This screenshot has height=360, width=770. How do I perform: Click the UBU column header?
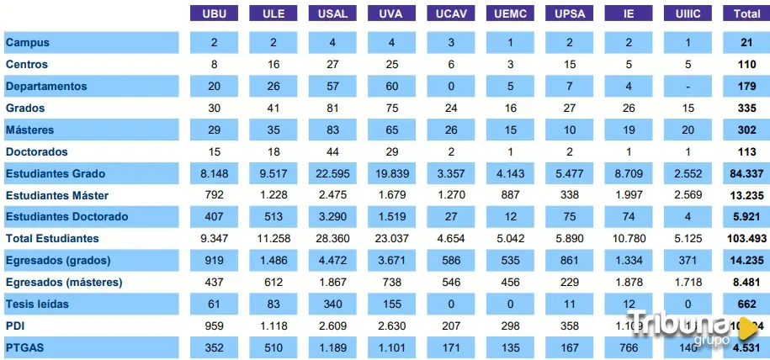click(214, 13)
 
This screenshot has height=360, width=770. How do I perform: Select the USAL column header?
click(332, 13)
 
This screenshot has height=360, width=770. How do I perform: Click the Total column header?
click(746, 13)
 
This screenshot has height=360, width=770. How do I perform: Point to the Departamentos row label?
click(46, 86)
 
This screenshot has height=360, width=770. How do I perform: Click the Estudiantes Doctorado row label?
click(66, 216)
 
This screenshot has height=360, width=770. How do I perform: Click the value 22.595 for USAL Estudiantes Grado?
click(332, 173)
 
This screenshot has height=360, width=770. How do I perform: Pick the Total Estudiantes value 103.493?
click(746, 239)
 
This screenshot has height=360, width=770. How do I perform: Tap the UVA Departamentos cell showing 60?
click(391, 86)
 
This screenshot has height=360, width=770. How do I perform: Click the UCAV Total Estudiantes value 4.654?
click(450, 239)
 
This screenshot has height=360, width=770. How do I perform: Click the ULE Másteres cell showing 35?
click(273, 130)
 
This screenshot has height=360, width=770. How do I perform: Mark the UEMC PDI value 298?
click(509, 326)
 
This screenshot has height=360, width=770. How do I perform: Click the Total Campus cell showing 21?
click(746, 42)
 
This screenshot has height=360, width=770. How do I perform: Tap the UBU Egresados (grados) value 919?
click(214, 260)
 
